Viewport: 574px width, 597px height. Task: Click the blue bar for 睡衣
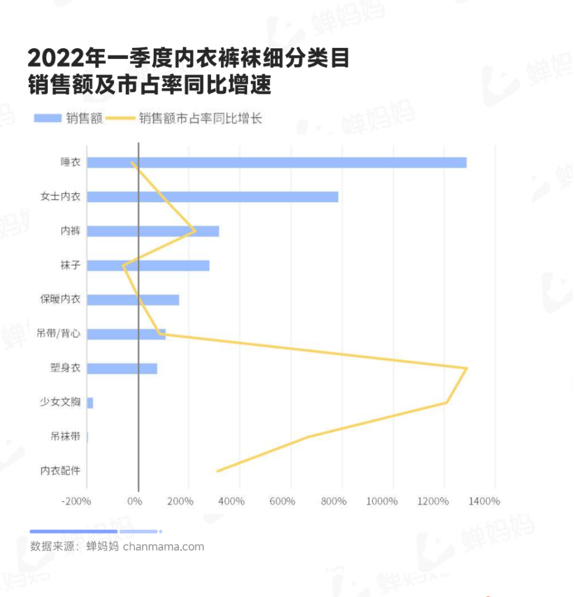[x=276, y=163]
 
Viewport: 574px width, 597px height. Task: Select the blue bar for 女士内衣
[x=213, y=197]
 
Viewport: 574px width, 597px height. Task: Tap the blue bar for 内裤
[x=153, y=231]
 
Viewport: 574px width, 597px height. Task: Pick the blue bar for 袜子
[x=148, y=265]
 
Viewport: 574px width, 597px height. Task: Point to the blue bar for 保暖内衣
[x=133, y=300]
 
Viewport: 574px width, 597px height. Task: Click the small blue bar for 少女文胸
[x=90, y=403]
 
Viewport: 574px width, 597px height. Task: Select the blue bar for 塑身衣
[x=122, y=368]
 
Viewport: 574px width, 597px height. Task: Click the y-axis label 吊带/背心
[x=58, y=333]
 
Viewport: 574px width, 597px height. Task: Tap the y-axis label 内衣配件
[x=60, y=470]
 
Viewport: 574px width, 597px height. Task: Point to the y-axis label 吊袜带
[x=65, y=436]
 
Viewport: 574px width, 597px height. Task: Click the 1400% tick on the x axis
[x=484, y=501]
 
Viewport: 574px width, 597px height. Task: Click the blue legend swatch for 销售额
[x=48, y=118]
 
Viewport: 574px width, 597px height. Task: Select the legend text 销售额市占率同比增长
[x=200, y=118]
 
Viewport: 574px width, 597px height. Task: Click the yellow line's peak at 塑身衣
[x=467, y=368]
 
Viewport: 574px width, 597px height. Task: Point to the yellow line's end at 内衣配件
[x=217, y=471]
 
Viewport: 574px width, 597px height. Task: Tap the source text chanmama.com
[x=164, y=546]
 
